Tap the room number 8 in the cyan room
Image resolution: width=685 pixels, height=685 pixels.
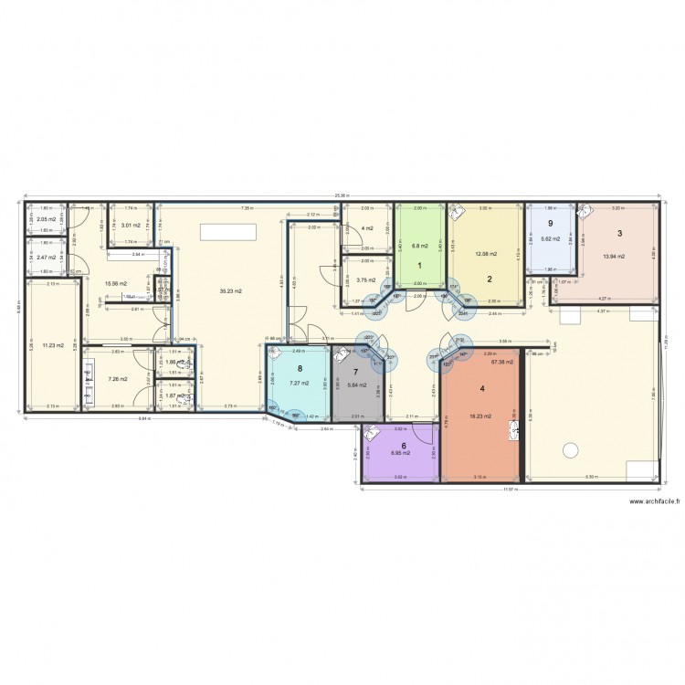[298, 370]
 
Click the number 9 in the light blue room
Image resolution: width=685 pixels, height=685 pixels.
[550, 222]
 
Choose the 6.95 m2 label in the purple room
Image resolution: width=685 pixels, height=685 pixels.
[402, 452]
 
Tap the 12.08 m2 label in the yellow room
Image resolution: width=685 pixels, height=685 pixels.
[487, 253]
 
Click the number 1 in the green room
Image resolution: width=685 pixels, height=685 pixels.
[420, 265]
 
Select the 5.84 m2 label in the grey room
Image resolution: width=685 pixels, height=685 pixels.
[357, 385]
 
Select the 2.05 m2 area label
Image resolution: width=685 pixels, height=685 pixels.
[46, 220]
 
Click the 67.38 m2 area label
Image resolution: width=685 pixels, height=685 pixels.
[503, 362]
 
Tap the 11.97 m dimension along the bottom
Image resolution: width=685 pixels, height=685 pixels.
[510, 490]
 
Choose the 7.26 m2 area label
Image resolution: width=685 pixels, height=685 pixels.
[118, 378]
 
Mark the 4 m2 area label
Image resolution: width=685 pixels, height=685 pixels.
[366, 227]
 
